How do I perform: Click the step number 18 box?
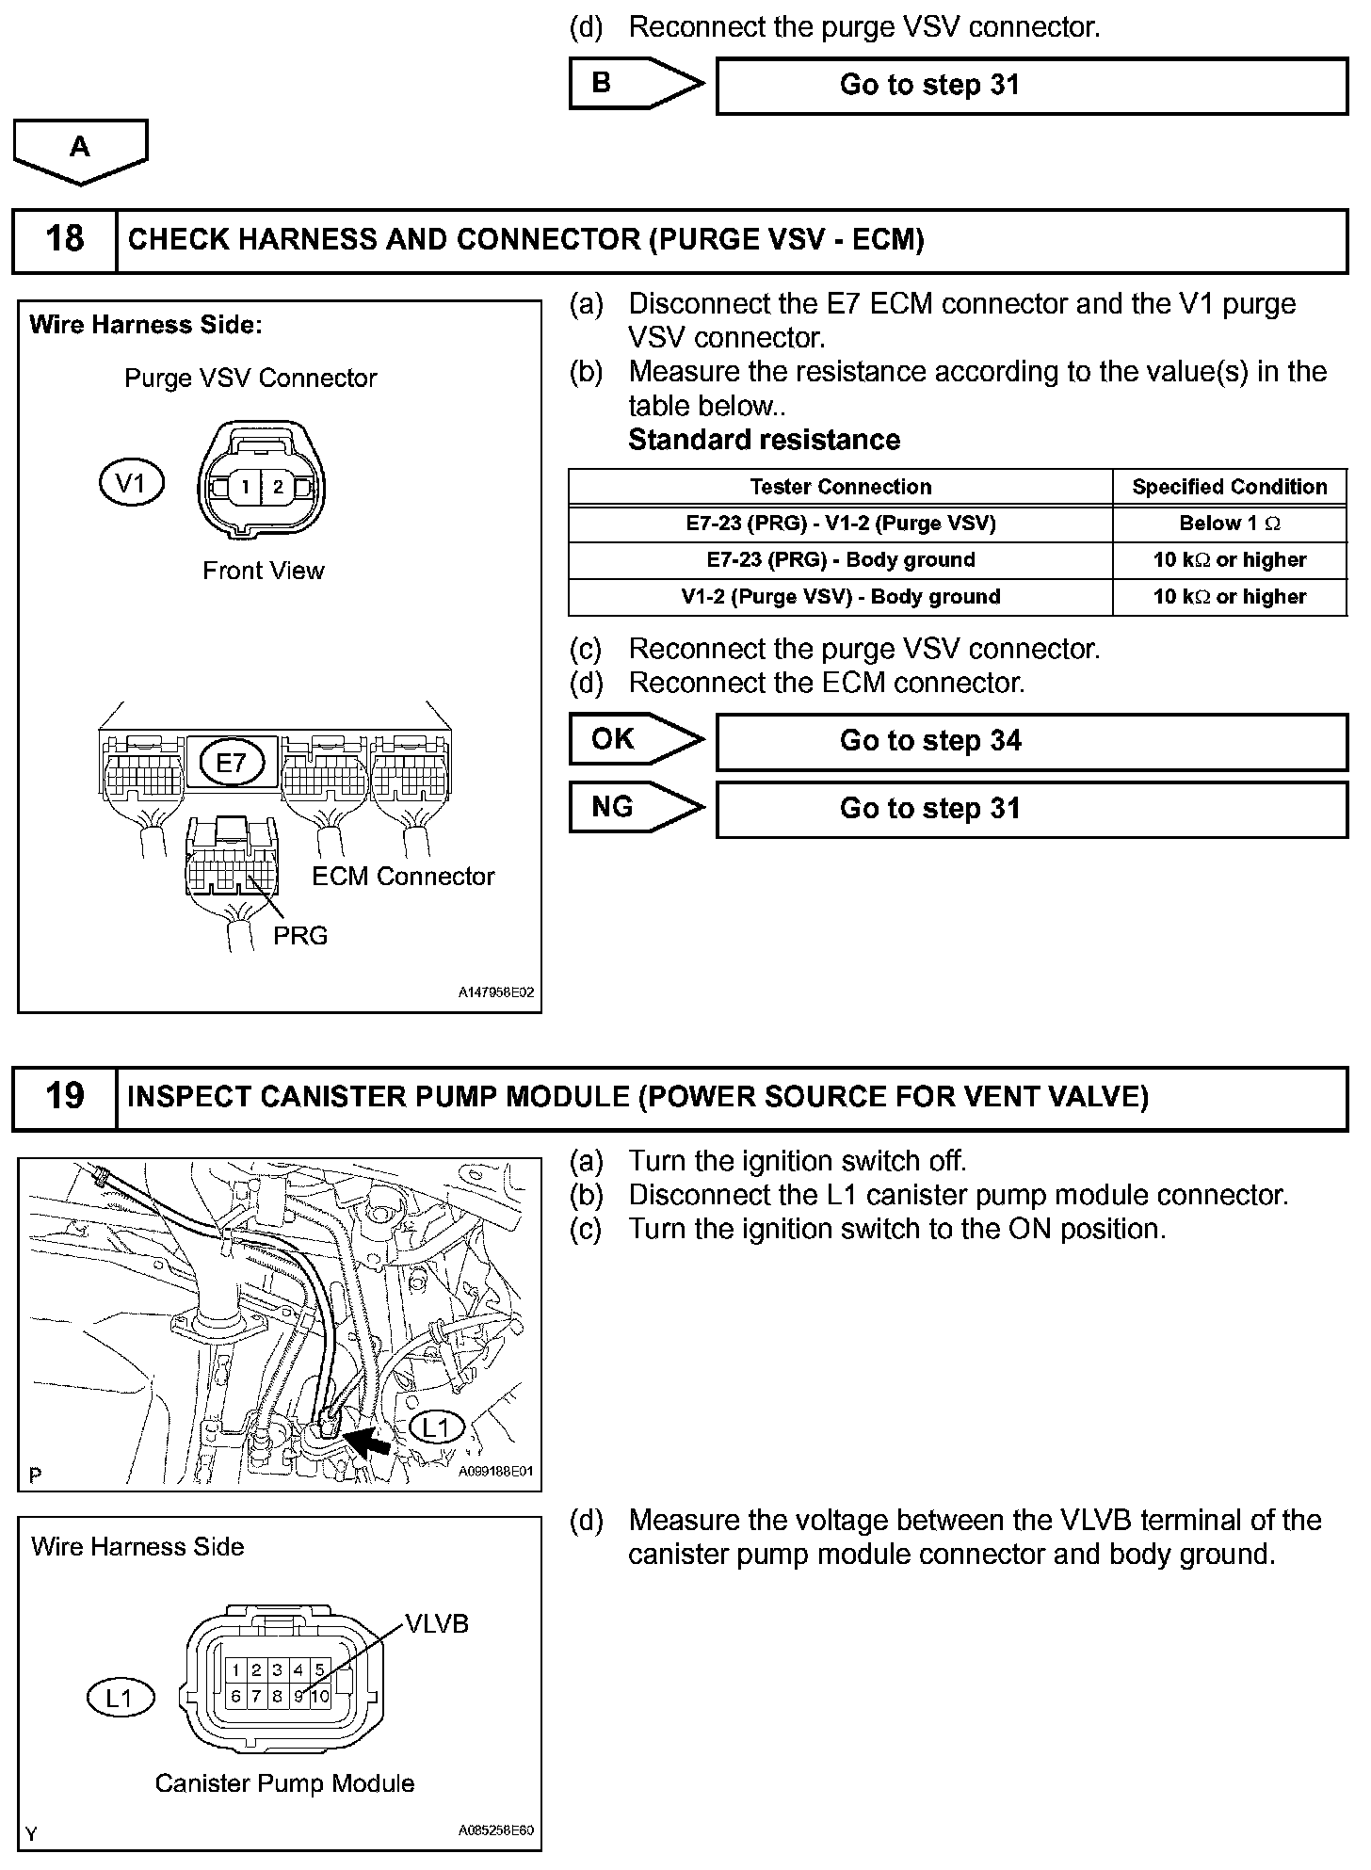point(64,240)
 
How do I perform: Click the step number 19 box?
point(64,1097)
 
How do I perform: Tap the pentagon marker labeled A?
point(80,149)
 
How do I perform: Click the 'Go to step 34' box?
point(1031,742)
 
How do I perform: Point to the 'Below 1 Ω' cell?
point(1229,524)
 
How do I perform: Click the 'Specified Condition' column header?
point(1229,487)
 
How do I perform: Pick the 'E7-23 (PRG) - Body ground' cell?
point(840,560)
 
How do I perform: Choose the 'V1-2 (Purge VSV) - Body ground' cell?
point(840,597)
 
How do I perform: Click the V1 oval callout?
point(131,484)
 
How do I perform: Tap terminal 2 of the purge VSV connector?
point(278,488)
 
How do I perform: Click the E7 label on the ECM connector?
point(232,763)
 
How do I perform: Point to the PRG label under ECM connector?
point(300,936)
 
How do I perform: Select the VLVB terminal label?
point(436,1623)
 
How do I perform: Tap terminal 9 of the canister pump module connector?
point(298,1697)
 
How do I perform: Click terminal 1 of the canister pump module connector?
point(235,1670)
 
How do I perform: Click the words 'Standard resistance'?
point(764,440)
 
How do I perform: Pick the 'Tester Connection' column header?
point(840,487)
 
